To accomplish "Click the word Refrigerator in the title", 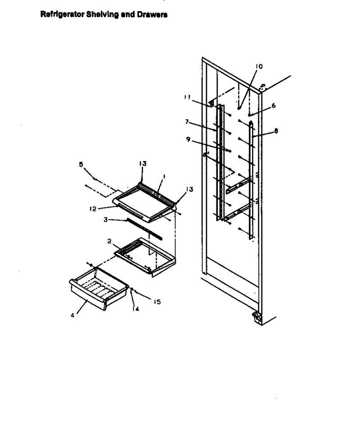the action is coord(63,14).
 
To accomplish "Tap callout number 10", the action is coord(259,66).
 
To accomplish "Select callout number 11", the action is coord(187,97).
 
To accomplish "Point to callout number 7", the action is coord(187,122).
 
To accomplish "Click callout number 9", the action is coord(188,139).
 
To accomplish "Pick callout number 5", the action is coord(81,164).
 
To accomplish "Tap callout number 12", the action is coord(93,209).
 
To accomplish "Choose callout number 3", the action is coord(106,220).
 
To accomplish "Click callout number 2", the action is coord(109,241).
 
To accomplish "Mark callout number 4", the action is coord(72,315).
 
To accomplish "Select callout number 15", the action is coord(157,302).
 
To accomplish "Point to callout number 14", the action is coord(135,309).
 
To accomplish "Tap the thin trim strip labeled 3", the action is coord(144,229).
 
